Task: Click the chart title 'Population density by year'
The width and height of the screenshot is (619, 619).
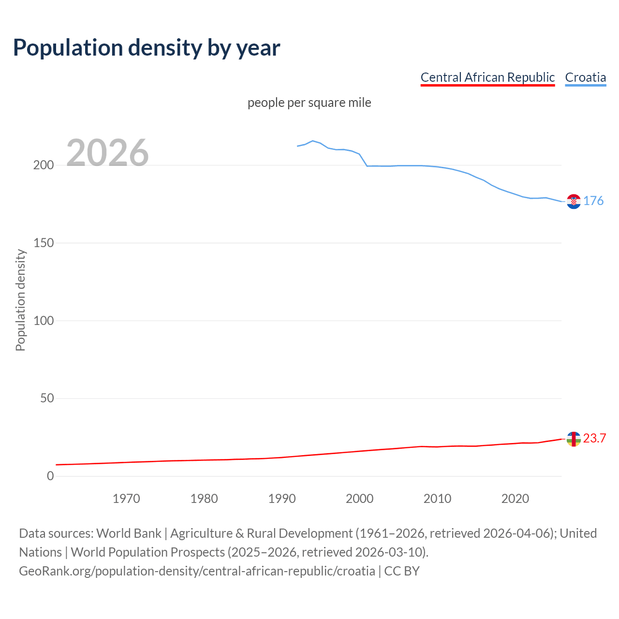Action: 147,48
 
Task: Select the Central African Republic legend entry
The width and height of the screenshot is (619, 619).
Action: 487,77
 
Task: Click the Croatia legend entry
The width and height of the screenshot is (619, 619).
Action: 585,77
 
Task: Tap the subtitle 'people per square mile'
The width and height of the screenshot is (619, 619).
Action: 309,103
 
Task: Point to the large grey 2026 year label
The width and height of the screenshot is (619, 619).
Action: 107,153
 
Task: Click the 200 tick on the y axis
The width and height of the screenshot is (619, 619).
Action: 43,165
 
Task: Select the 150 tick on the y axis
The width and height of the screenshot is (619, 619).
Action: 43,243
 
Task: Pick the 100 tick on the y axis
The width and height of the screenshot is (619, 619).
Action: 43,321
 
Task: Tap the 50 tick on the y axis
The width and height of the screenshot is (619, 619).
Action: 46,398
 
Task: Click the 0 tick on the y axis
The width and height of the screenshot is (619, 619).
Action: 50,476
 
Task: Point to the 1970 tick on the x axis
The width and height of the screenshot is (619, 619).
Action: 126,499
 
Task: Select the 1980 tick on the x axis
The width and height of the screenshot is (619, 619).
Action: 204,499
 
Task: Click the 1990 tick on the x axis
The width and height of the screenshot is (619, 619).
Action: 282,499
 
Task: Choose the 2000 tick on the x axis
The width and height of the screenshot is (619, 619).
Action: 359,499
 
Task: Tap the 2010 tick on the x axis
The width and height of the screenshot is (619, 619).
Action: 437,499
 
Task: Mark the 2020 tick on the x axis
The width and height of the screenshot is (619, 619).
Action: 515,499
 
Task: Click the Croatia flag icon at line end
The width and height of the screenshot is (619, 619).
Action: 574,201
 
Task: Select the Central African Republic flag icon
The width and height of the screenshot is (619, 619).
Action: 574,439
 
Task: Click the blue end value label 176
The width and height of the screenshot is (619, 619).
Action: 593,201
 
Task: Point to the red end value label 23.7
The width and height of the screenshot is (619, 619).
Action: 594,439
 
